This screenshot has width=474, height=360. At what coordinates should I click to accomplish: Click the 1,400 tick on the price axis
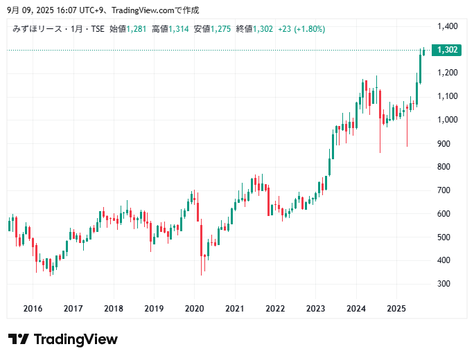[448, 26]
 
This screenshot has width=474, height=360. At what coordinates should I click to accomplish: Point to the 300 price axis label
[445, 284]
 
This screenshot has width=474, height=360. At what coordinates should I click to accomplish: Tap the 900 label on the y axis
[445, 143]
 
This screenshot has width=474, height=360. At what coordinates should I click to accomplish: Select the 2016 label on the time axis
[33, 309]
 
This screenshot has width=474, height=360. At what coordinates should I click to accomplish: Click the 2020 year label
[194, 309]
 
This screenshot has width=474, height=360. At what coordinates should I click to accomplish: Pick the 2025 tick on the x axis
[396, 309]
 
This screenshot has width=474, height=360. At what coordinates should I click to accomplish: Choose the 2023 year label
[315, 309]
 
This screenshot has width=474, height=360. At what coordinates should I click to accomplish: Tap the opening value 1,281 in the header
[137, 29]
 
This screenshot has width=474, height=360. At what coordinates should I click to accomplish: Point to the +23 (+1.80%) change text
[301, 29]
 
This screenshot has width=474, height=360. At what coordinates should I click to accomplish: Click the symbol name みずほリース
[36, 29]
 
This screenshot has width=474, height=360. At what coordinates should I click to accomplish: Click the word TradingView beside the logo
[76, 339]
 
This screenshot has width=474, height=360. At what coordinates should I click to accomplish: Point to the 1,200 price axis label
[448, 73]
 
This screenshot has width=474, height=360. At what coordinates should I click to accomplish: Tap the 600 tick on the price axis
[445, 214]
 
